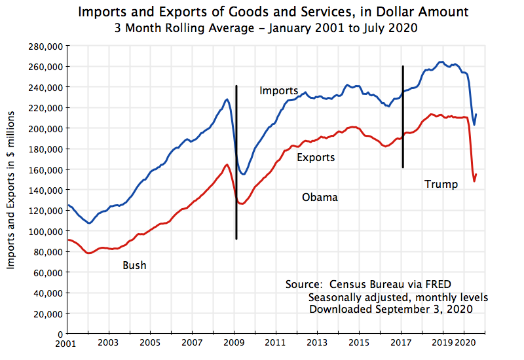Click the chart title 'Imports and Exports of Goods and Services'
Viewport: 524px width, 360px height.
[x=273, y=12]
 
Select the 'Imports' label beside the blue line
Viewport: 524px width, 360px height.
[x=278, y=90]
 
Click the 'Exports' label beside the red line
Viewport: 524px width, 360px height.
[x=316, y=157]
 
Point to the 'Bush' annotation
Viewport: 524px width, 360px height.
[x=134, y=265]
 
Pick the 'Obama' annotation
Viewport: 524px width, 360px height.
[x=320, y=197]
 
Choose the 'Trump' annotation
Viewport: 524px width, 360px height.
[x=441, y=184]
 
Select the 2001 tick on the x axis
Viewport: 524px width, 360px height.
[x=66, y=343]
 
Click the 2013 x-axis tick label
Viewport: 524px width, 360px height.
[x=317, y=343]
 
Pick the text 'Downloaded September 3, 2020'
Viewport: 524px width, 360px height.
[x=390, y=308]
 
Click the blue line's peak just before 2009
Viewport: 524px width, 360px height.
[x=227, y=99]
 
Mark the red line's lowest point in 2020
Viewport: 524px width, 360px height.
[x=474, y=181]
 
